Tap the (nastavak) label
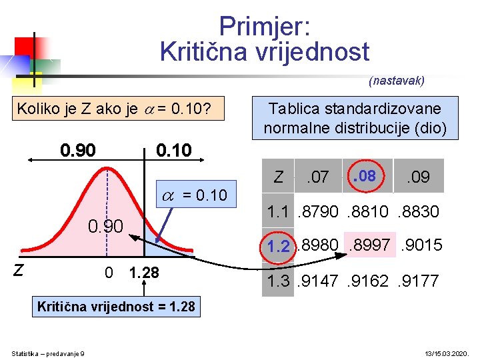[x=396, y=81]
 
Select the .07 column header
[x=317, y=177]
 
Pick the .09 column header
[x=418, y=177]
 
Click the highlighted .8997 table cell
[x=371, y=245]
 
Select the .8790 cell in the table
[x=317, y=212]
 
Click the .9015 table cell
[x=420, y=245]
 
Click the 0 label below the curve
[x=109, y=273]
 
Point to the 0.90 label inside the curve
[x=106, y=227]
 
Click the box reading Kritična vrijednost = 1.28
[x=116, y=307]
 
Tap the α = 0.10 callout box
[x=195, y=195]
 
